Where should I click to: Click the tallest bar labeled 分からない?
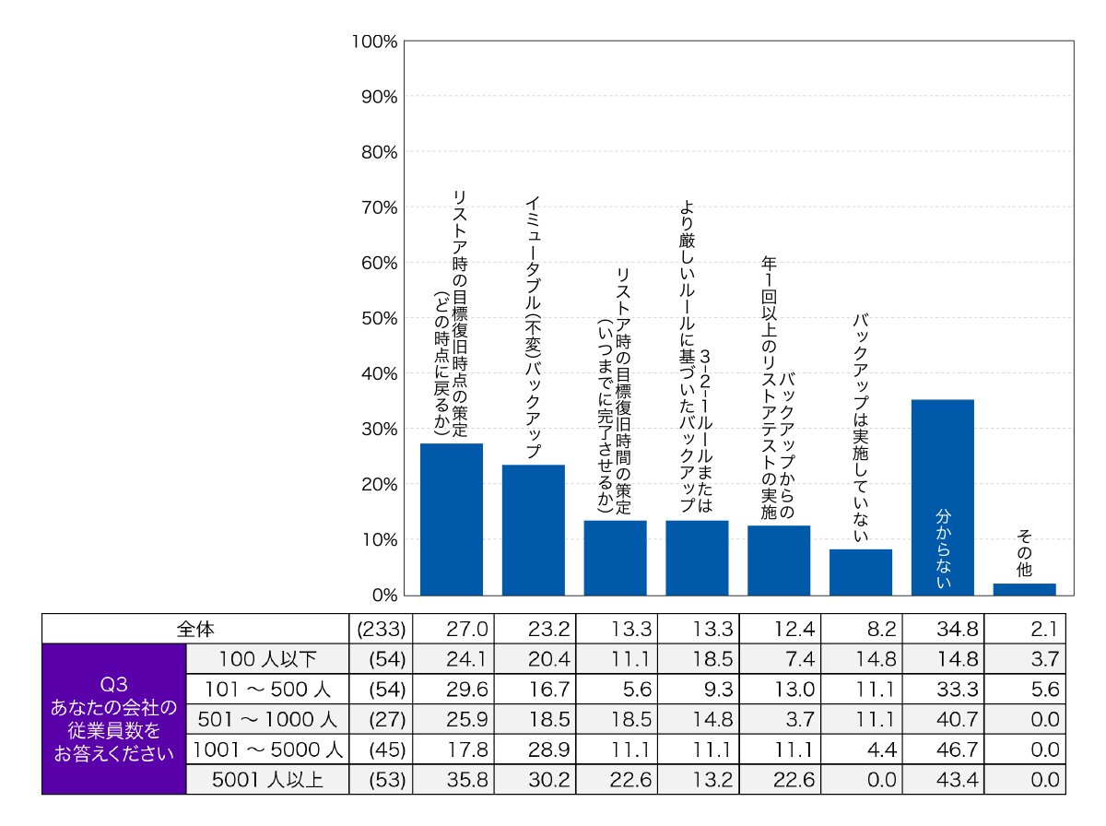(x=942, y=498)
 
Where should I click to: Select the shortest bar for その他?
(x=1024, y=589)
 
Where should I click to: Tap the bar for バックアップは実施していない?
(x=861, y=572)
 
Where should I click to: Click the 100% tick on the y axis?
(x=374, y=41)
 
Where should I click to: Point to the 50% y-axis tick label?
(x=380, y=318)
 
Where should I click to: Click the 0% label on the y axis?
(x=385, y=596)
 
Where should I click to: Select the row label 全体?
(x=195, y=629)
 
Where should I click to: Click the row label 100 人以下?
(x=267, y=659)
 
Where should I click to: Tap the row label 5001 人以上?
(x=267, y=780)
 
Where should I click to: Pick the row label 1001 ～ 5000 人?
(x=267, y=749)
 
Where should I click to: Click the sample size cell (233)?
(x=381, y=629)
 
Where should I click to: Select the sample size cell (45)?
(x=387, y=749)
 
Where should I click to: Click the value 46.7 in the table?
(x=957, y=749)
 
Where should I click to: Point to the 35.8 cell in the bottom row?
(x=467, y=780)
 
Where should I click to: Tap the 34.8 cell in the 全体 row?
(x=957, y=629)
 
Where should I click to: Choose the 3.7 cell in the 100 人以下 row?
(x=1044, y=659)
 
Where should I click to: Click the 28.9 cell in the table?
(x=548, y=749)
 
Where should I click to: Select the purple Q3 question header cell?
(x=114, y=719)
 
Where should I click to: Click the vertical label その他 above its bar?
(x=1024, y=553)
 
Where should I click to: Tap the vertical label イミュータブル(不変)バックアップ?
(x=533, y=327)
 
